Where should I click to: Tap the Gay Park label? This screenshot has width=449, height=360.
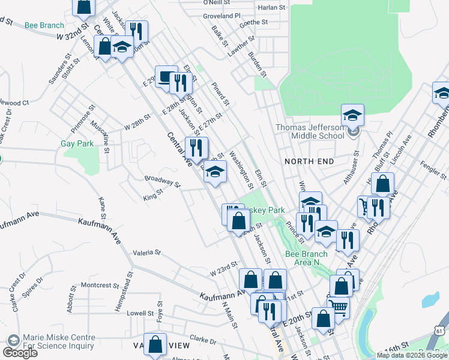[x=77, y=144]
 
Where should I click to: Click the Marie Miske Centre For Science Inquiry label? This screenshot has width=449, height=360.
[x=58, y=341]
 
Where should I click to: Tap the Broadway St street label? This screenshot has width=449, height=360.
[x=162, y=181]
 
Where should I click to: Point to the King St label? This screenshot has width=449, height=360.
[x=153, y=197]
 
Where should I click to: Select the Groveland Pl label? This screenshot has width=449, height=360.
[x=221, y=16]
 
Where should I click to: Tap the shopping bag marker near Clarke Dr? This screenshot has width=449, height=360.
[x=155, y=345]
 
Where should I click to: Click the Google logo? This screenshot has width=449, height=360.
[x=20, y=353]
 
